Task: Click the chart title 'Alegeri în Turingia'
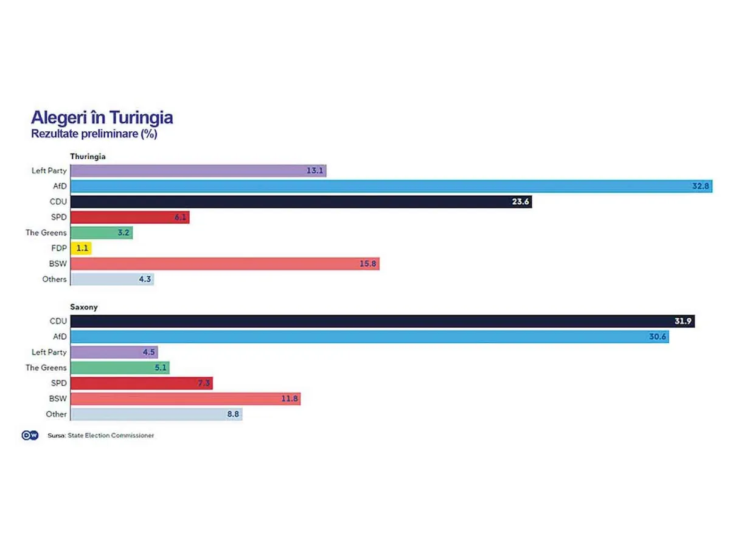(102, 117)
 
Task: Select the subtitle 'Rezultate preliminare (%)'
(94, 134)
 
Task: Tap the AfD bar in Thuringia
(389, 186)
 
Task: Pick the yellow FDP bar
(81, 248)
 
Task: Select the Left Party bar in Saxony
(115, 352)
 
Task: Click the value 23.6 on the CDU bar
(520, 202)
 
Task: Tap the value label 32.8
(701, 187)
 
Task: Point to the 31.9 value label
(683, 321)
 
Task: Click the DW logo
(30, 435)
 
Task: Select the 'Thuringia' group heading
(88, 156)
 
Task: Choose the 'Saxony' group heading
(84, 307)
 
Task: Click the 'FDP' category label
(58, 248)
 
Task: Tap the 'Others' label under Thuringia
(55, 279)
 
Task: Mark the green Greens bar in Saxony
(119, 368)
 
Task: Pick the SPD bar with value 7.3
(141, 383)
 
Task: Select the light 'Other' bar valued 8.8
(156, 414)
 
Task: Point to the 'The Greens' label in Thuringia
(46, 233)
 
